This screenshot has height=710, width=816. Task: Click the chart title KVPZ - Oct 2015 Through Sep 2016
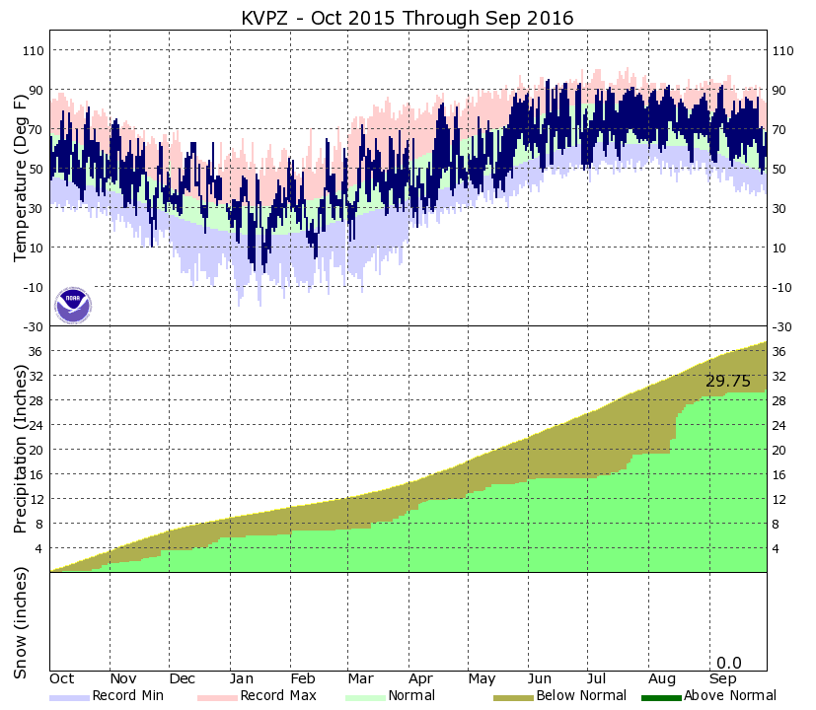coord(408,19)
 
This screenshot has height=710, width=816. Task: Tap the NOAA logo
coord(72,305)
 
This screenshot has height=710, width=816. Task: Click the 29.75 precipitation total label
coord(728,382)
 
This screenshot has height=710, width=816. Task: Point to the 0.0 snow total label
coord(728,663)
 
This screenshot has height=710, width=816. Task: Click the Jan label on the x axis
coord(243,679)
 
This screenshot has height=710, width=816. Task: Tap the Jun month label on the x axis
coord(541,679)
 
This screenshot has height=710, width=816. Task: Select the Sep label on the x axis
coord(722,679)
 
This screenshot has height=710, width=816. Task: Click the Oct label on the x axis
coord(62,679)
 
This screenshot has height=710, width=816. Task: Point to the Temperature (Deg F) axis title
coord(21,186)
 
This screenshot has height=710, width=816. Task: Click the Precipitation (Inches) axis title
coord(21,449)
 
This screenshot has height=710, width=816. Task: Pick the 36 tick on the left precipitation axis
coord(38,351)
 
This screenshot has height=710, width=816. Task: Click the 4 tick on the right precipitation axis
coord(778,548)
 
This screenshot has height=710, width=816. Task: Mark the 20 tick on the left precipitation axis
coord(38,450)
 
